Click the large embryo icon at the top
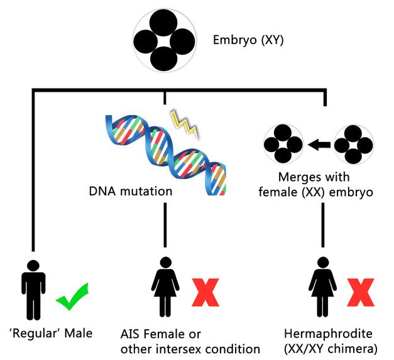tap(165, 41)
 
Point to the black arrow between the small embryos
tap(319, 145)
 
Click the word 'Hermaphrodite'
tap(320, 334)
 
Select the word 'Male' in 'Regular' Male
tap(78, 333)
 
